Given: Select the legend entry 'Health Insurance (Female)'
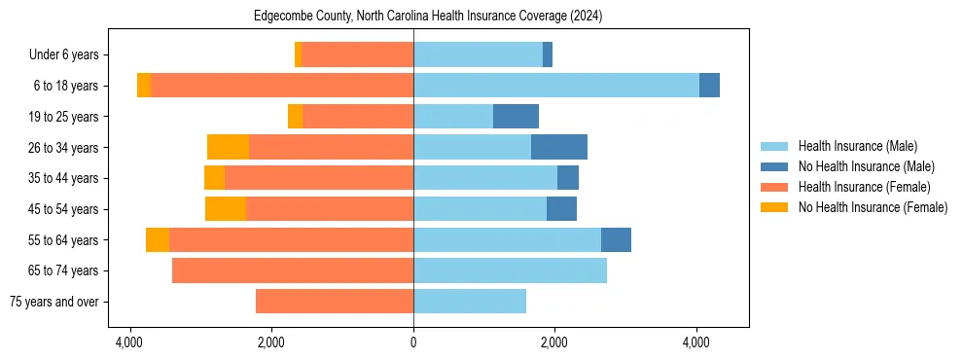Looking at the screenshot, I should tap(864, 187).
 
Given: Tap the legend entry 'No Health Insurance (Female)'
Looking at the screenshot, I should tap(873, 207).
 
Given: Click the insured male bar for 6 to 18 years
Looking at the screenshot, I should tap(556, 86).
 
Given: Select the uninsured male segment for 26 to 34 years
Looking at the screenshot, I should tap(559, 147).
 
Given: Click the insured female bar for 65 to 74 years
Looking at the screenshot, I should tap(293, 270).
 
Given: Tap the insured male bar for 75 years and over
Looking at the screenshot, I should tap(470, 302).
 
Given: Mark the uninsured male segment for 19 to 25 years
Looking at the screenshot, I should tap(516, 117).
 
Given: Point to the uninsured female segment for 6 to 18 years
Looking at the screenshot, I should tap(144, 86).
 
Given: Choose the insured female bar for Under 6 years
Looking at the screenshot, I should tap(357, 54).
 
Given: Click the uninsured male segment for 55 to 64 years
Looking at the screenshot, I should tap(616, 239).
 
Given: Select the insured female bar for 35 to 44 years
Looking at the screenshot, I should tap(319, 178).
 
